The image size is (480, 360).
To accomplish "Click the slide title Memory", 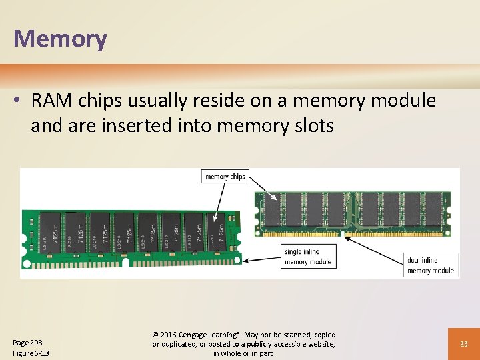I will point(59,39).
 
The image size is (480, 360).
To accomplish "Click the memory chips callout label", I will point(225,177).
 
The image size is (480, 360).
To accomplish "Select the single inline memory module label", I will point(307,257).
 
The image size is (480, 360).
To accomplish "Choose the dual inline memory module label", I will point(430,265).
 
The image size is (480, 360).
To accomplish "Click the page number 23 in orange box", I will point(464,343).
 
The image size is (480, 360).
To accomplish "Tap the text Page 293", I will point(28,342).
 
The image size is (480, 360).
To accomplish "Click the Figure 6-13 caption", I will point(31,353).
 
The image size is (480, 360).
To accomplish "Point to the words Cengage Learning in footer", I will point(208,335).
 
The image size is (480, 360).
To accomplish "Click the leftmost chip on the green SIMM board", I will point(50,233).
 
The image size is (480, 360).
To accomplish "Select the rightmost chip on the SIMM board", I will point(215,233).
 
